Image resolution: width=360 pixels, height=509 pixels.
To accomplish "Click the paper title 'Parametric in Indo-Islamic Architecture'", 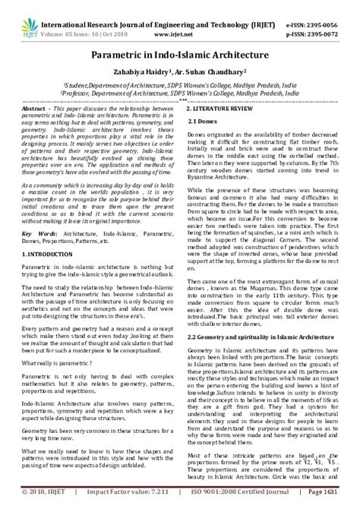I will [180, 55].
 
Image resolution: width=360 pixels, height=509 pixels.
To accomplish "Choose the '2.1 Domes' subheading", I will [203, 122].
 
